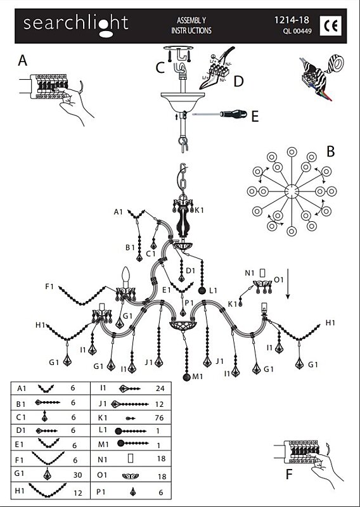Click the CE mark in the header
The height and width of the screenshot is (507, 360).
(331, 25)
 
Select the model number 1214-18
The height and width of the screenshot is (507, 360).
(292, 20)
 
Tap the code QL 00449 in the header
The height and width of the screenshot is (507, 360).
(297, 31)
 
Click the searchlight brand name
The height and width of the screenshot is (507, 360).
(75, 25)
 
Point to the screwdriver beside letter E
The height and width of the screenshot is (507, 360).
(220, 114)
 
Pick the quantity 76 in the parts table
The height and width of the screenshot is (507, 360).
(159, 418)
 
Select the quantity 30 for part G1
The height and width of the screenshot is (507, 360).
(77, 475)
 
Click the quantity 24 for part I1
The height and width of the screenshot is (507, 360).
(160, 388)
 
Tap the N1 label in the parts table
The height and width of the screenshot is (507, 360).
(102, 459)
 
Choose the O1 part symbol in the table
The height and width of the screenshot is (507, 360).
(131, 476)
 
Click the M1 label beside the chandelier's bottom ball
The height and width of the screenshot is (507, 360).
(198, 376)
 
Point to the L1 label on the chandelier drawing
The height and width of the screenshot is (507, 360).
(213, 291)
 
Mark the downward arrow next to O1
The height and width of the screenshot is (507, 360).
(288, 283)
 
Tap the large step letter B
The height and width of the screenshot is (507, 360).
(330, 151)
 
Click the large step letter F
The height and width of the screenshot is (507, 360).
(289, 474)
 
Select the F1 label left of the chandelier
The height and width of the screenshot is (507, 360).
(49, 286)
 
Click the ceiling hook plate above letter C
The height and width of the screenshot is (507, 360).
(178, 48)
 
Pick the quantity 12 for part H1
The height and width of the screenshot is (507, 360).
(77, 493)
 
